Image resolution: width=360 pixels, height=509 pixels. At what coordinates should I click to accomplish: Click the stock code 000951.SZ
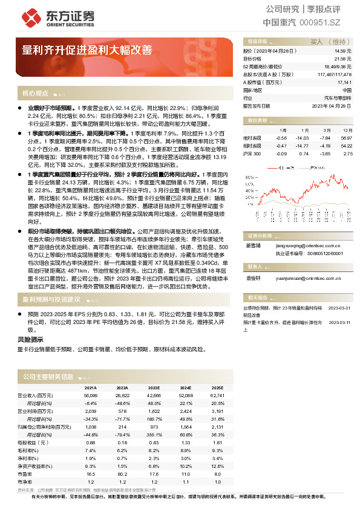(320, 22)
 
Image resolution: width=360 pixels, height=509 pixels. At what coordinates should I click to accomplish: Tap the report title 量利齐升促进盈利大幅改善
(87, 50)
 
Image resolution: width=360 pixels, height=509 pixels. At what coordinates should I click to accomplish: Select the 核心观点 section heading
(35, 94)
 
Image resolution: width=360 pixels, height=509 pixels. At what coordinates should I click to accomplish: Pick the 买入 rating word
(316, 42)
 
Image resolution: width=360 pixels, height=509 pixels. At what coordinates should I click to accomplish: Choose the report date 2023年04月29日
(331, 105)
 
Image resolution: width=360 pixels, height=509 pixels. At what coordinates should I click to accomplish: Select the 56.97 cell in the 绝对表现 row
(346, 138)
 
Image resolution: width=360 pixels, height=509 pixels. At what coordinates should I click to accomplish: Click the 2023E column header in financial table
(154, 387)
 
